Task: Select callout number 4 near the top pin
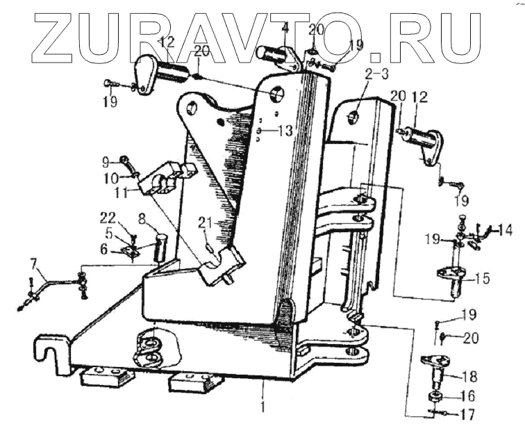point(285,29)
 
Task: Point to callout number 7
point(33,263)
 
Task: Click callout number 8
point(142,218)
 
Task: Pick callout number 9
point(106,162)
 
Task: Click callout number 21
point(203,222)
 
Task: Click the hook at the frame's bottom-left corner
point(47,351)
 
